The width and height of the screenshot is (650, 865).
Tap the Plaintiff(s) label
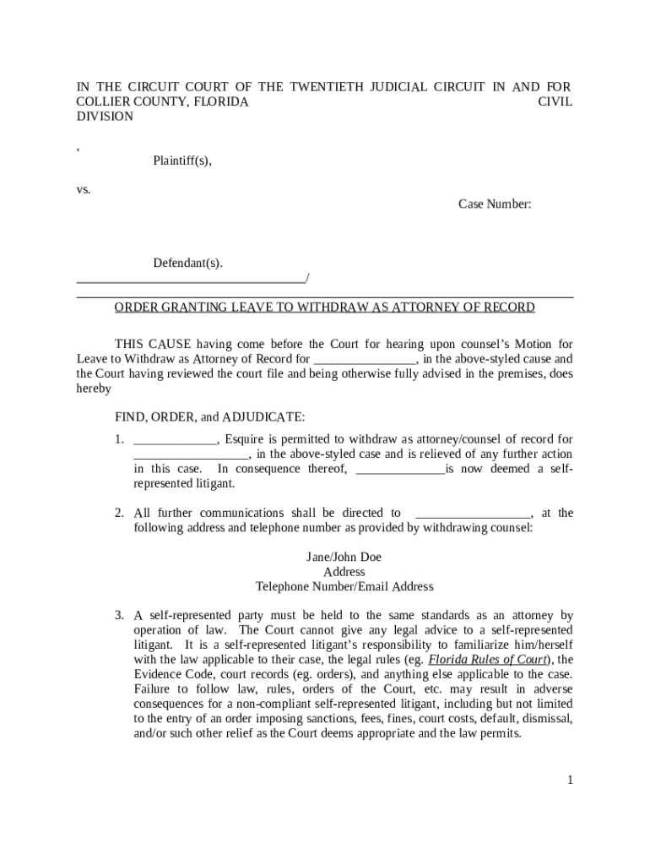point(181,160)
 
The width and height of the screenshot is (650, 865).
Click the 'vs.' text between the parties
point(84,189)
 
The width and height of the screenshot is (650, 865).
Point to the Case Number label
point(495,204)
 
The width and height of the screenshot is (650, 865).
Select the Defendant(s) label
point(187,263)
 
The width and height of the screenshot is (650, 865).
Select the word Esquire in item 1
point(245,439)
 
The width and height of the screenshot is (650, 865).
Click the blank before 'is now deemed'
point(400,470)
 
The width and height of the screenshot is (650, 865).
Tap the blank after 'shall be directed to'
point(474,514)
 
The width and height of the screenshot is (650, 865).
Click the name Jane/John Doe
point(344,557)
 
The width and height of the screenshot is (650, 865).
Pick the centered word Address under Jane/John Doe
point(344,572)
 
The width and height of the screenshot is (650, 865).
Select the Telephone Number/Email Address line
point(344,586)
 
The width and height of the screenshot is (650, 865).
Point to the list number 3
point(120,615)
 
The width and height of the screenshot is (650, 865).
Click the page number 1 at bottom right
point(570,780)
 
